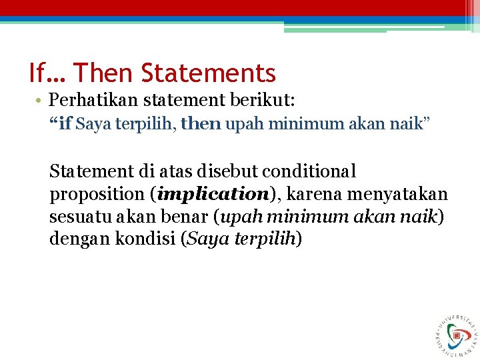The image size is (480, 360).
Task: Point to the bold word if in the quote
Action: pos(65,124)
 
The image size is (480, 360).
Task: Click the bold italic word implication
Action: pos(210,195)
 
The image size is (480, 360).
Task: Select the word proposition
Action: pos(97,195)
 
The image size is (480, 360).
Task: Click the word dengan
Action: pos(75,239)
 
